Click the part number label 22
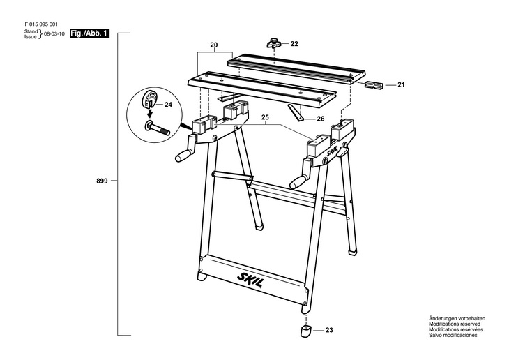294,44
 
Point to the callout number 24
168,105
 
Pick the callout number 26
321,119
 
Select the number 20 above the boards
213,44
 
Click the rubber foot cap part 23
305,330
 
